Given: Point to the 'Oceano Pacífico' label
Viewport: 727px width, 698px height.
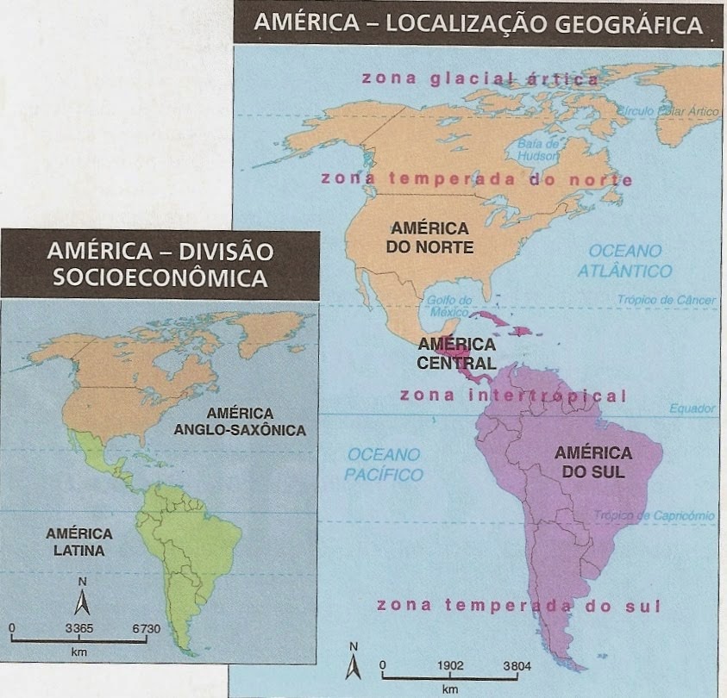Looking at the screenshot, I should coord(384,464).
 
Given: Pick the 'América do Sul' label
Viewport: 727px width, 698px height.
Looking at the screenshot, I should coord(592,462).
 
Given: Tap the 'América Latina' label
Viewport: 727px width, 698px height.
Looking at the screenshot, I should coord(76,541).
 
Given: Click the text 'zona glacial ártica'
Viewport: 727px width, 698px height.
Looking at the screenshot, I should coord(479,78).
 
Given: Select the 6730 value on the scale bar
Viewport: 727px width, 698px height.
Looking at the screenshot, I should coord(146,629).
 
